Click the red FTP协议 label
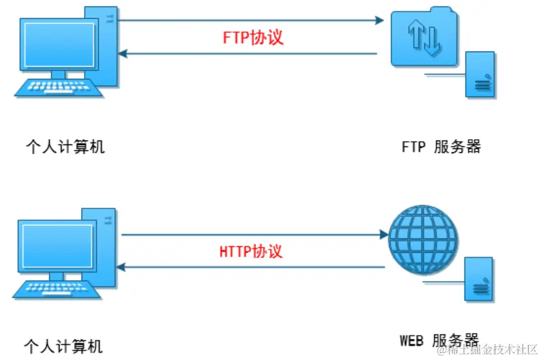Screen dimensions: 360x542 coord(253,37)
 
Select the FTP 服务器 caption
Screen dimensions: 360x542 coord(441,147)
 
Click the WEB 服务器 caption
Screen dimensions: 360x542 coord(439,340)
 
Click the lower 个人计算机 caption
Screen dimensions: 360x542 coord(63,345)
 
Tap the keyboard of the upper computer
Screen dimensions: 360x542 coord(59,88)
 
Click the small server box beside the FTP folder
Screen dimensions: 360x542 coord(480,75)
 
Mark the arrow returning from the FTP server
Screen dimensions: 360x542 coord(248,54)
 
